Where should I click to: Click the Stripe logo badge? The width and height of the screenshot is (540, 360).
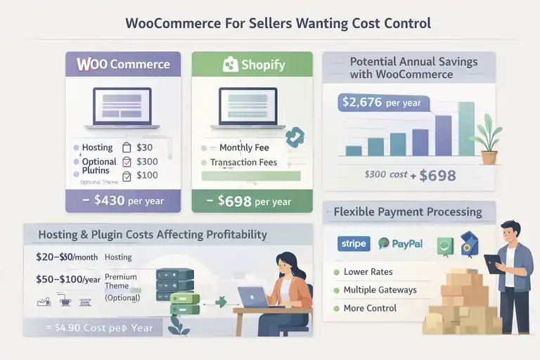[352, 244]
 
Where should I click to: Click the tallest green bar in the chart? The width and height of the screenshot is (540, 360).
[466, 129]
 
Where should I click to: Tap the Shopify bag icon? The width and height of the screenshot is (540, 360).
[230, 65]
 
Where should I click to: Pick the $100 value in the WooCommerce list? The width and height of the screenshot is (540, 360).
[147, 175]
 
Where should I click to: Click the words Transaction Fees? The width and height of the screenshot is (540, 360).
[243, 162]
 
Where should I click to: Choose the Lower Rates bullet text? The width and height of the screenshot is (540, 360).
[368, 272]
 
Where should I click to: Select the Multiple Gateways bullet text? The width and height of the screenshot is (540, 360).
[380, 290]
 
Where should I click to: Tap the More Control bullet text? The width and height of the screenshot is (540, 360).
[370, 308]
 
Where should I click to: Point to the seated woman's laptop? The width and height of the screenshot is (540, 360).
[252, 297]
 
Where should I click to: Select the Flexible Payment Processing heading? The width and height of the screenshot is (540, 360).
[408, 212]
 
